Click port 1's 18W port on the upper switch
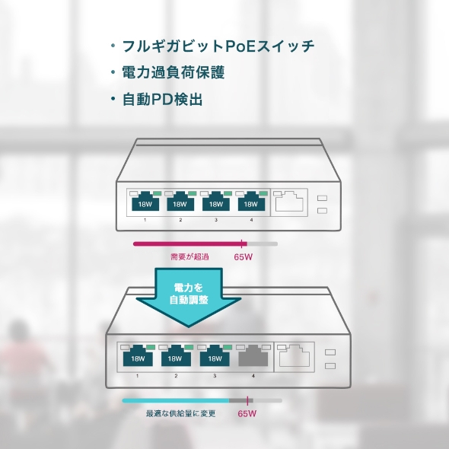click(144, 202)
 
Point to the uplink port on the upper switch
click(290, 202)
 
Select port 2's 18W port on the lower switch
click(175, 356)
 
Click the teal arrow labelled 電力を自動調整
click(187, 295)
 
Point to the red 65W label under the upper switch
click(244, 257)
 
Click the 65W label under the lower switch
click(247, 414)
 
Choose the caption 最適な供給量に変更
click(180, 414)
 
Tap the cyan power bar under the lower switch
click(176, 400)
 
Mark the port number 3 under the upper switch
click(215, 220)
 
